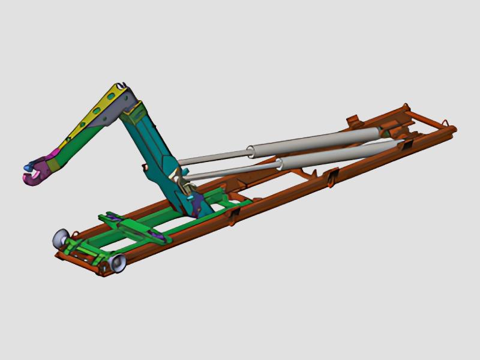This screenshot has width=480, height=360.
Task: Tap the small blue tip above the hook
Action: pos(27,165)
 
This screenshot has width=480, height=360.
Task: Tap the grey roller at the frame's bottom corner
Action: pos(116,262)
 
